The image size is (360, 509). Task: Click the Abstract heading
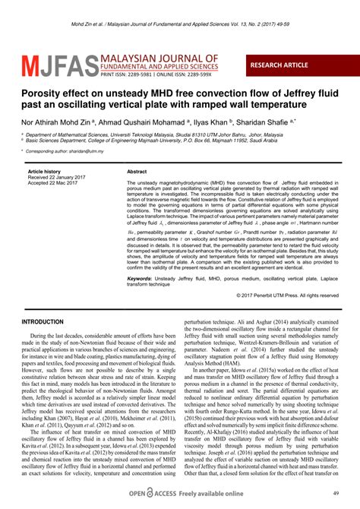click(137, 172)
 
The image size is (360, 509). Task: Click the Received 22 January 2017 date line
click(58, 178)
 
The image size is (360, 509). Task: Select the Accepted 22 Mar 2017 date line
click(55, 184)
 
